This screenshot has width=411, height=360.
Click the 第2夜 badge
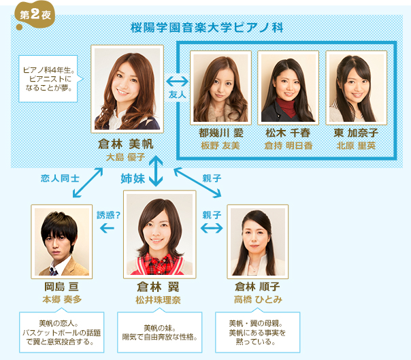tap(31, 14)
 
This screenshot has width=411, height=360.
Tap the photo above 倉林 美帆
tap(127, 89)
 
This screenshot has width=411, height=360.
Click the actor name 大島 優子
tap(127, 157)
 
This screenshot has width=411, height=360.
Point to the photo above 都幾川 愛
tap(220, 86)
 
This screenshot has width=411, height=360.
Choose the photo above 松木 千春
tap(289, 86)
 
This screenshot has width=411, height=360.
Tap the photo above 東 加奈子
tap(356, 86)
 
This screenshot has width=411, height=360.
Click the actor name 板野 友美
tap(220, 146)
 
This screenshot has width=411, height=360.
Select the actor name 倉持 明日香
tap(289, 146)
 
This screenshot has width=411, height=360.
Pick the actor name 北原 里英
tap(356, 146)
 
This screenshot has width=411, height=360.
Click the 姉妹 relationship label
tap(133, 178)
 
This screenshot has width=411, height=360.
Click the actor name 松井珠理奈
tap(159, 299)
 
